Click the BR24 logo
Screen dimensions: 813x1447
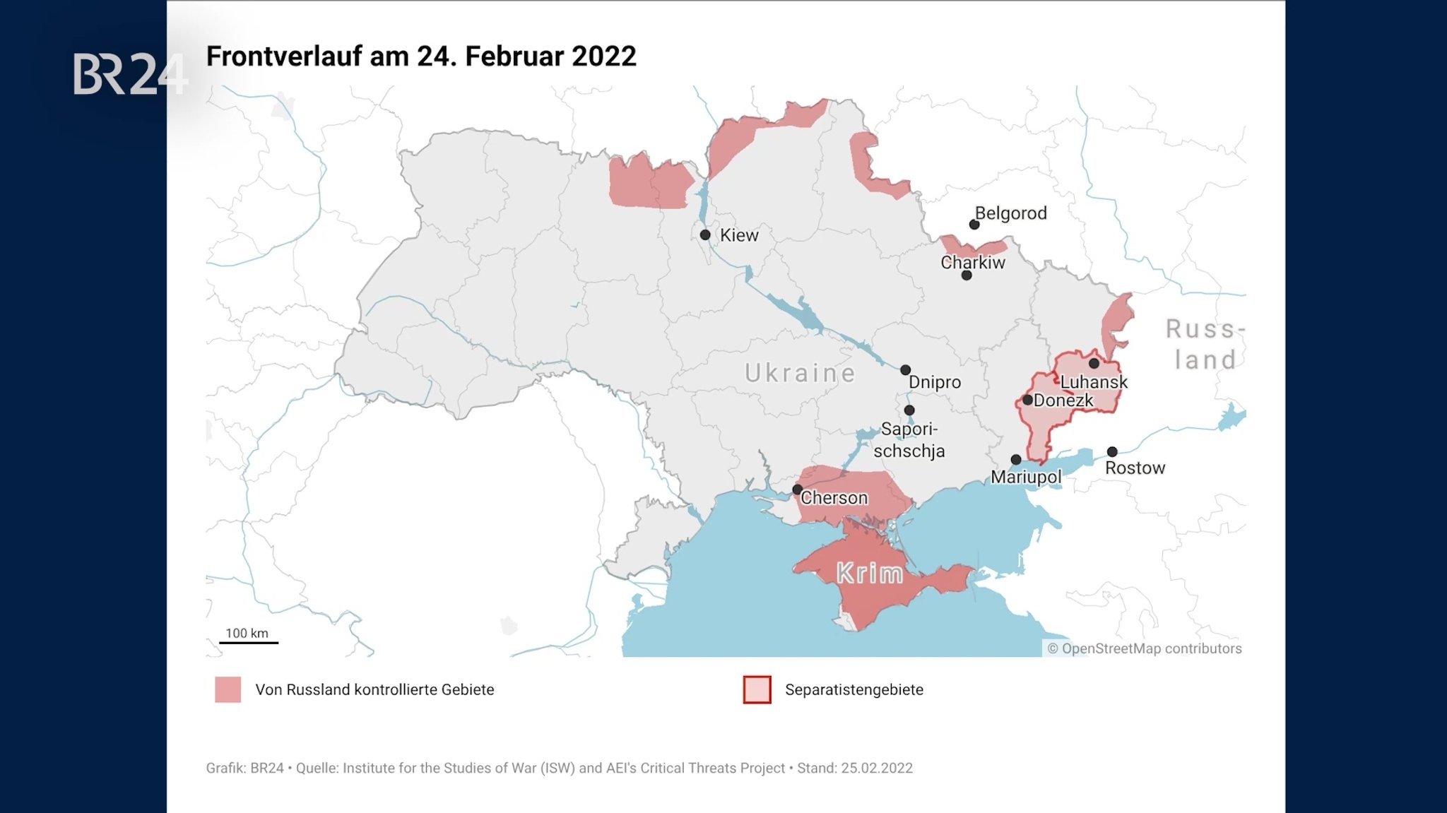(x=129, y=73)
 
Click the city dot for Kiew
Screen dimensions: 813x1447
(x=705, y=235)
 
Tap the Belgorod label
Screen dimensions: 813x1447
(x=1010, y=213)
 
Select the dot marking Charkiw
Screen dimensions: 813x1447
(x=967, y=275)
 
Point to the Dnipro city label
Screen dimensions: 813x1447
(x=934, y=382)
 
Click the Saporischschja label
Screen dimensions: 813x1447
(x=909, y=440)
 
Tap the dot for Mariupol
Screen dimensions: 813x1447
(x=1016, y=460)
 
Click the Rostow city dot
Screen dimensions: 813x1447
(x=1112, y=451)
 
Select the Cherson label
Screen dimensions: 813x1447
(x=834, y=498)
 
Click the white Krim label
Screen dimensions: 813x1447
(x=870, y=574)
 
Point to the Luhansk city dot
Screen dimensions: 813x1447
(x=1094, y=364)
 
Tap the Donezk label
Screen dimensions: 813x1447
(x=1063, y=400)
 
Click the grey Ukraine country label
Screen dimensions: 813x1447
(x=800, y=373)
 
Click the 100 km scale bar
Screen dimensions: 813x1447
(x=249, y=641)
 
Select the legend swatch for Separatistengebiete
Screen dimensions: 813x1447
(x=757, y=689)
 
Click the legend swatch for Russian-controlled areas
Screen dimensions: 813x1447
(x=228, y=689)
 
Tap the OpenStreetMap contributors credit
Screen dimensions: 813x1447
(x=1144, y=648)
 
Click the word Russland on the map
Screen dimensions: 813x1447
(x=1204, y=344)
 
